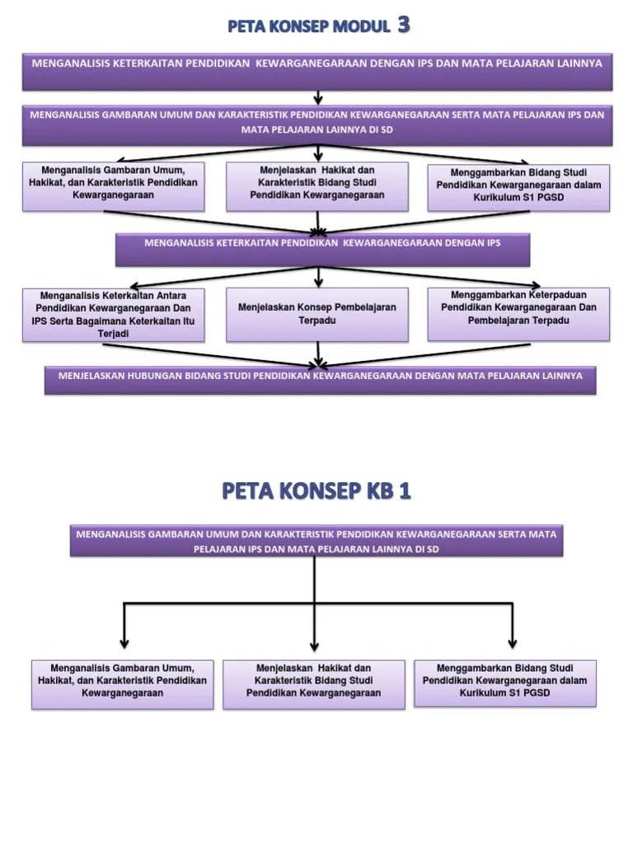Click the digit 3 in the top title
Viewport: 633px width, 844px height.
403,26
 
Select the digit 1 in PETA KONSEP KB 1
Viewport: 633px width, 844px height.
405,491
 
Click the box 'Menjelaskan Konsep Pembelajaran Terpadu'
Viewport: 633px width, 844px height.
317,314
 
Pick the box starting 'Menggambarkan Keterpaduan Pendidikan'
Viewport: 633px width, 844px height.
518,313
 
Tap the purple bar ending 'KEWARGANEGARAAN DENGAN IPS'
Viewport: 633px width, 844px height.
322,249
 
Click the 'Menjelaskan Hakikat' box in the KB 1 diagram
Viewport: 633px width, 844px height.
314,683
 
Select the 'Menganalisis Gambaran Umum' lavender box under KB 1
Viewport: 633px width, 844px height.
123,683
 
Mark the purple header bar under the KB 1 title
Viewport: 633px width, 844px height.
316,541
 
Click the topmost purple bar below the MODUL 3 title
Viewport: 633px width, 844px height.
317,70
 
